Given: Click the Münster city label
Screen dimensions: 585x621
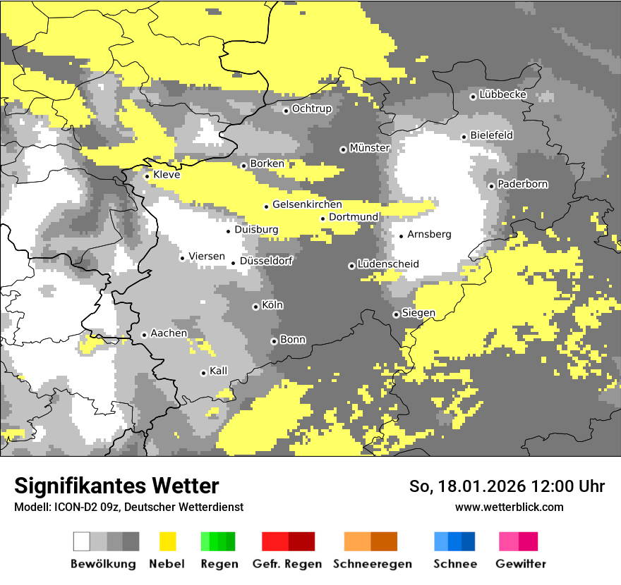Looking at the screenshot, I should (x=370, y=148).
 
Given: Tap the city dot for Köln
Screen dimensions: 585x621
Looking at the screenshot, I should (x=255, y=307).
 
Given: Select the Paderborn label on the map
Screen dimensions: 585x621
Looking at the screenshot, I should (x=523, y=184).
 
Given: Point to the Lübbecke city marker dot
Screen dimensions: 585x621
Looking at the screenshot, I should (x=473, y=97).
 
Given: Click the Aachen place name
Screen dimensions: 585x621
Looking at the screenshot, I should (x=169, y=333).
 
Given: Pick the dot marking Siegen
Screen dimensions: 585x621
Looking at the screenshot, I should (x=396, y=314).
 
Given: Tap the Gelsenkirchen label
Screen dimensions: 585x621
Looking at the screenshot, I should (x=307, y=204).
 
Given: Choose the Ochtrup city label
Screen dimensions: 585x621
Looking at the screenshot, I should (x=312, y=109).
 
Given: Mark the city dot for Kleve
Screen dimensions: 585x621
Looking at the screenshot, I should (x=147, y=176).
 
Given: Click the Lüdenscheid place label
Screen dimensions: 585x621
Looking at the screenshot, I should (x=388, y=264).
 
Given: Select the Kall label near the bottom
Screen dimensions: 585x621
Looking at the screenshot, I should (x=219, y=371).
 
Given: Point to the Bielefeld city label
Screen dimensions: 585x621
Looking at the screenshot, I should (x=492, y=135).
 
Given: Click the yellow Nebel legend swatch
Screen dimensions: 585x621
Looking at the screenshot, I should (x=168, y=541).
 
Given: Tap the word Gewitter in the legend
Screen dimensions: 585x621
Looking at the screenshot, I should (x=520, y=564).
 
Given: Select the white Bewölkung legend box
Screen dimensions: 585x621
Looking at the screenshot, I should (x=82, y=541).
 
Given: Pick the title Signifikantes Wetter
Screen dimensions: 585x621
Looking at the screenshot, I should (x=116, y=486).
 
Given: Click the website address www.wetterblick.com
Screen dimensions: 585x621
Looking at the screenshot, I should (x=509, y=507).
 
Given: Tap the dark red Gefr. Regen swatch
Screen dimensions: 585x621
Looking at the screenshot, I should (x=301, y=541).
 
